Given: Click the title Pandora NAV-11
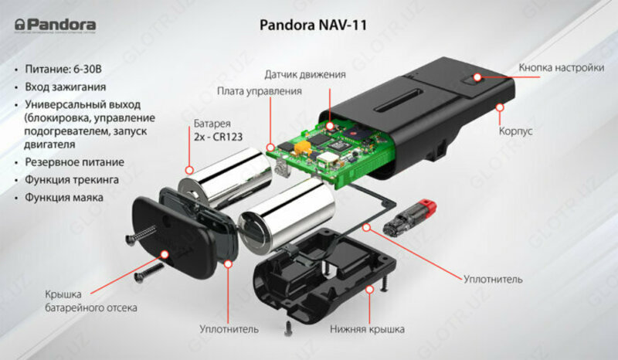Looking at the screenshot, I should tap(309, 25).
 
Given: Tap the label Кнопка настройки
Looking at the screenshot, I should tap(561, 67).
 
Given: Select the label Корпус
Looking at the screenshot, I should tap(516, 131).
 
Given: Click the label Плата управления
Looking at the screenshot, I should tap(260, 91).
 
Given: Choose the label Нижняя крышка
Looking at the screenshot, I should tap(367, 329).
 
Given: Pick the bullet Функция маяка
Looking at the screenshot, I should tap(68, 197).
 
